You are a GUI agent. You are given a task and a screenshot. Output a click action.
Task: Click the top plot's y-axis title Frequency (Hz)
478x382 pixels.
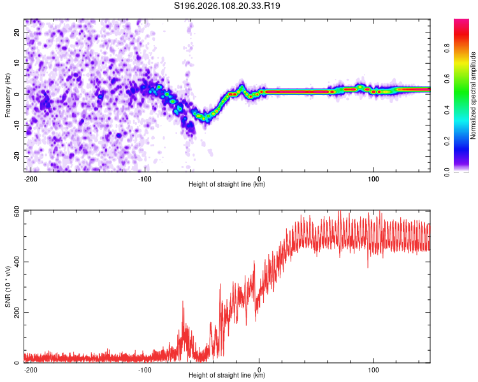(x=8, y=95)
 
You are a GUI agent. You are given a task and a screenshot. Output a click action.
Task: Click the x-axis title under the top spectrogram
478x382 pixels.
(x=227, y=185)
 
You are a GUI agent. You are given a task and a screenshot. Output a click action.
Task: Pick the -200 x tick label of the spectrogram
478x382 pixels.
(x=30, y=178)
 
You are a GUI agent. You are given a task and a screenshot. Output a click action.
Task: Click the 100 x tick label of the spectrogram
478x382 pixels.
(x=373, y=178)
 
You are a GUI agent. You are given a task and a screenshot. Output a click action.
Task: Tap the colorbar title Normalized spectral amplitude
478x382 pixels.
(x=474, y=95)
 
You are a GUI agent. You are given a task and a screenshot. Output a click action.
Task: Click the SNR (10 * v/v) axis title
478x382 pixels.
(x=8, y=286)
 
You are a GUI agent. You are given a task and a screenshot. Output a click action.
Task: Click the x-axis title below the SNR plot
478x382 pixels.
(x=227, y=376)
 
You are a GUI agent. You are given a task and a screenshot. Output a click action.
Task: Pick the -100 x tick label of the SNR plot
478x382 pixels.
(x=145, y=369)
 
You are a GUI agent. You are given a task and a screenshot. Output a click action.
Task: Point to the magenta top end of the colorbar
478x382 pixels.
(x=461, y=22)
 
